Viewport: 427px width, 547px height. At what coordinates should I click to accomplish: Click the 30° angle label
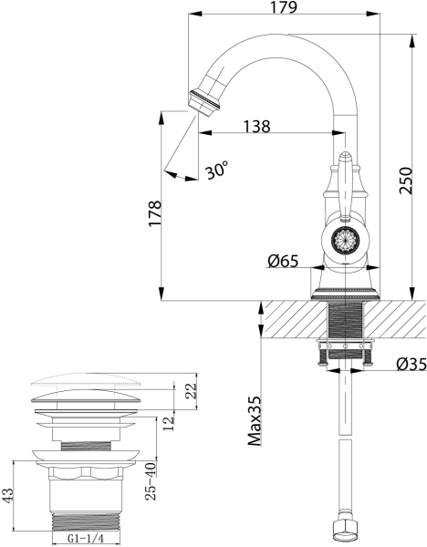[x=217, y=170]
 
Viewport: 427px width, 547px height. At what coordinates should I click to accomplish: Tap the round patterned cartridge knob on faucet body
[x=344, y=243]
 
